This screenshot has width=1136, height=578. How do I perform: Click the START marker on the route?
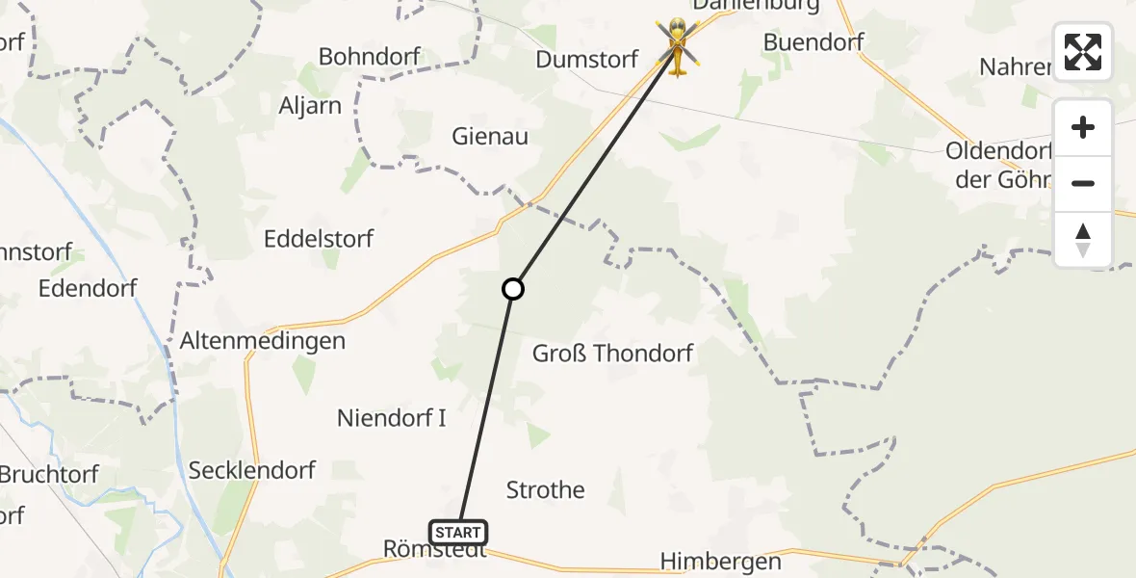coord(458,533)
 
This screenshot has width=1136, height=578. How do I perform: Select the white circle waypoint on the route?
coord(513,288)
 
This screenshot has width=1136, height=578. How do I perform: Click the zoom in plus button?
coord(1083,128)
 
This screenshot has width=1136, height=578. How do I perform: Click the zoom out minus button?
coord(1083,183)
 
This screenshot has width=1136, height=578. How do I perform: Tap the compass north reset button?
coord(1083,240)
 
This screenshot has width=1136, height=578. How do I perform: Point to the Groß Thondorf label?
coord(613,354)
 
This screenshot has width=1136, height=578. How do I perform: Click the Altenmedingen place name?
coord(263,341)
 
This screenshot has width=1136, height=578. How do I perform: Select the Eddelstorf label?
coord(320,239)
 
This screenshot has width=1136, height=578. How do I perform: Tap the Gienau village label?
coord(490,137)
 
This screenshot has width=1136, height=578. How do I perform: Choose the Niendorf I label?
coord(392,418)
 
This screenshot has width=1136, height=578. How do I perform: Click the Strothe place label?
coord(546,490)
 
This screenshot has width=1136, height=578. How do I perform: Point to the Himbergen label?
coord(721,561)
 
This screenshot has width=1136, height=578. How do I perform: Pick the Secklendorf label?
coord(252,470)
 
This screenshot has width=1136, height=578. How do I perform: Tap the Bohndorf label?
coord(370,57)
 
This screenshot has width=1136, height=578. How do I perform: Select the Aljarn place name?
coord(310,106)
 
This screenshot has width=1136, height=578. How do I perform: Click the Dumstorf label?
coord(587,60)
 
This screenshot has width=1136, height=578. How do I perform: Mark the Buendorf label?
coord(813,42)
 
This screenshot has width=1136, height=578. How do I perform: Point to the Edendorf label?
coord(88,288)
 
